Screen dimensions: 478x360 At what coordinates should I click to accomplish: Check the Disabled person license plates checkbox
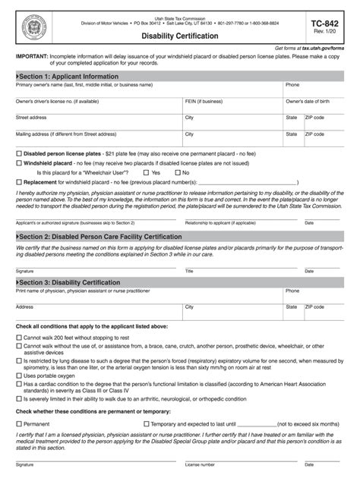click(x=18, y=153)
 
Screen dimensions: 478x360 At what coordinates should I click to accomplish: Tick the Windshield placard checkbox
click(x=18, y=163)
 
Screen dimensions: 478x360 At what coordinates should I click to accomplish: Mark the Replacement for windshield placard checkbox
click(x=18, y=183)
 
